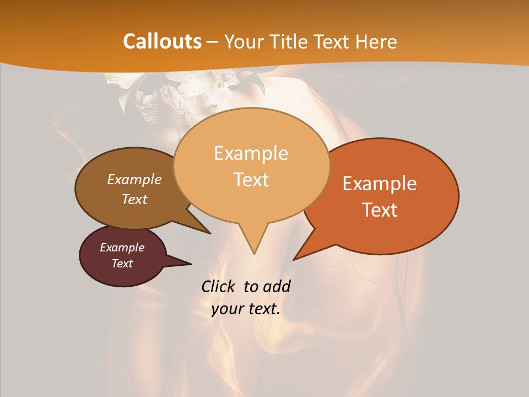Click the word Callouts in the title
click(163, 41)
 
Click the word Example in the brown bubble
click(134, 179)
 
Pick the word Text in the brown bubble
click(134, 199)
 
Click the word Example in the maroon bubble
click(122, 248)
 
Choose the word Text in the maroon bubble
click(122, 264)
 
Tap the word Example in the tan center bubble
click(251, 153)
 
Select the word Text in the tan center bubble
click(251, 180)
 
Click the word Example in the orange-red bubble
click(380, 184)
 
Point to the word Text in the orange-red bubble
click(380, 210)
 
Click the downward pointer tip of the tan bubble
click(254, 253)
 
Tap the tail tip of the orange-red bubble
click(294, 259)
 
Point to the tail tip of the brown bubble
click(210, 233)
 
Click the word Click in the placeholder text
click(219, 287)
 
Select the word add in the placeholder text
click(277, 287)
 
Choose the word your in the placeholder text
click(226, 309)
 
